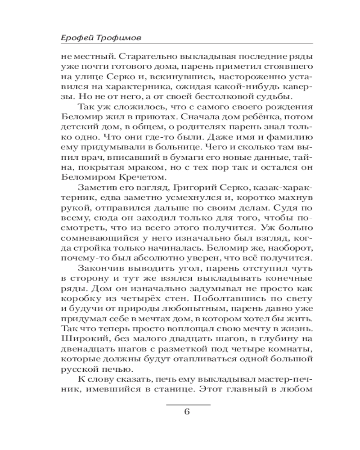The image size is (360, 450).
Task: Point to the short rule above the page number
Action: (188, 405)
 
